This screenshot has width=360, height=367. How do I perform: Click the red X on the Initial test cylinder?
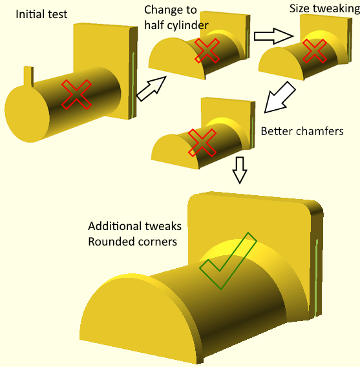(x=76, y=94)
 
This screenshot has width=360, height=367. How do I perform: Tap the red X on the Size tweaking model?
(x=315, y=51)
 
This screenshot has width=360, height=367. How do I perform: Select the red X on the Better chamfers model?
(x=202, y=143)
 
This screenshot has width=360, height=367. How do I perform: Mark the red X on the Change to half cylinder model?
(x=207, y=50)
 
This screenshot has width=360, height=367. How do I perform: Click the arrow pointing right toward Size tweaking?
(x=273, y=36)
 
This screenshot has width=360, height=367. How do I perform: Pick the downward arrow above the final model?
(x=240, y=170)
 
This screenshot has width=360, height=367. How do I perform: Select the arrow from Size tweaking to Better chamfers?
(x=280, y=97)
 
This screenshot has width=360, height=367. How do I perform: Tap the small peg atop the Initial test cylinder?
(x=28, y=76)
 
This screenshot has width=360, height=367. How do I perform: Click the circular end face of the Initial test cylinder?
(x=27, y=114)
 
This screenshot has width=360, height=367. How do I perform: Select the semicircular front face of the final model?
(x=140, y=320)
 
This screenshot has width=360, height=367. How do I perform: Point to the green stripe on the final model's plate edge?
(x=317, y=277)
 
